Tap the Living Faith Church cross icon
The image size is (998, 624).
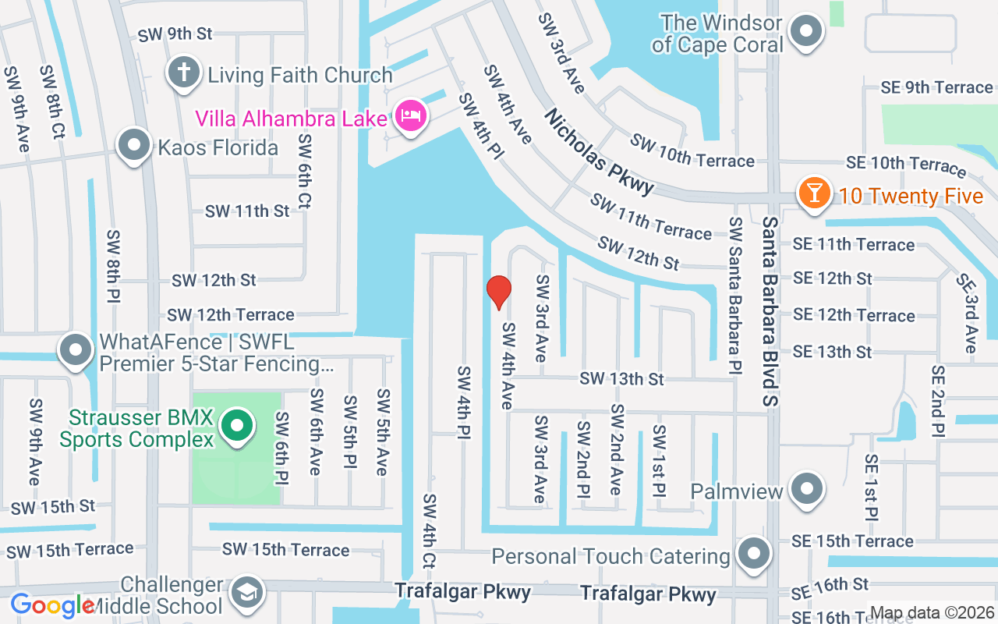pos(183,74)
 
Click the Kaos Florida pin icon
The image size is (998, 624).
pos(134,145)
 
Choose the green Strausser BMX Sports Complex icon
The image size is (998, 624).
pos(236,426)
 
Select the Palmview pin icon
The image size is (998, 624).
pos(806,490)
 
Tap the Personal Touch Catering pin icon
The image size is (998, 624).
pos(752,554)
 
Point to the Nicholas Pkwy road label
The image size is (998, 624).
pos(598,152)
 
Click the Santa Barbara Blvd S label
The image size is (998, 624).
pos(771,311)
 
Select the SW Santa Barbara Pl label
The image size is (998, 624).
pos(735,296)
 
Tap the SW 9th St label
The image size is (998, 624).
pos(175,34)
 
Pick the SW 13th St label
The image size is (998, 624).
pos(621,379)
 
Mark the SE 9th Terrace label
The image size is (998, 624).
pos(936,87)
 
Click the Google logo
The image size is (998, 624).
pos(51,605)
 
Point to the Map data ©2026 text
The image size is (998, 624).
pos(932,612)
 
